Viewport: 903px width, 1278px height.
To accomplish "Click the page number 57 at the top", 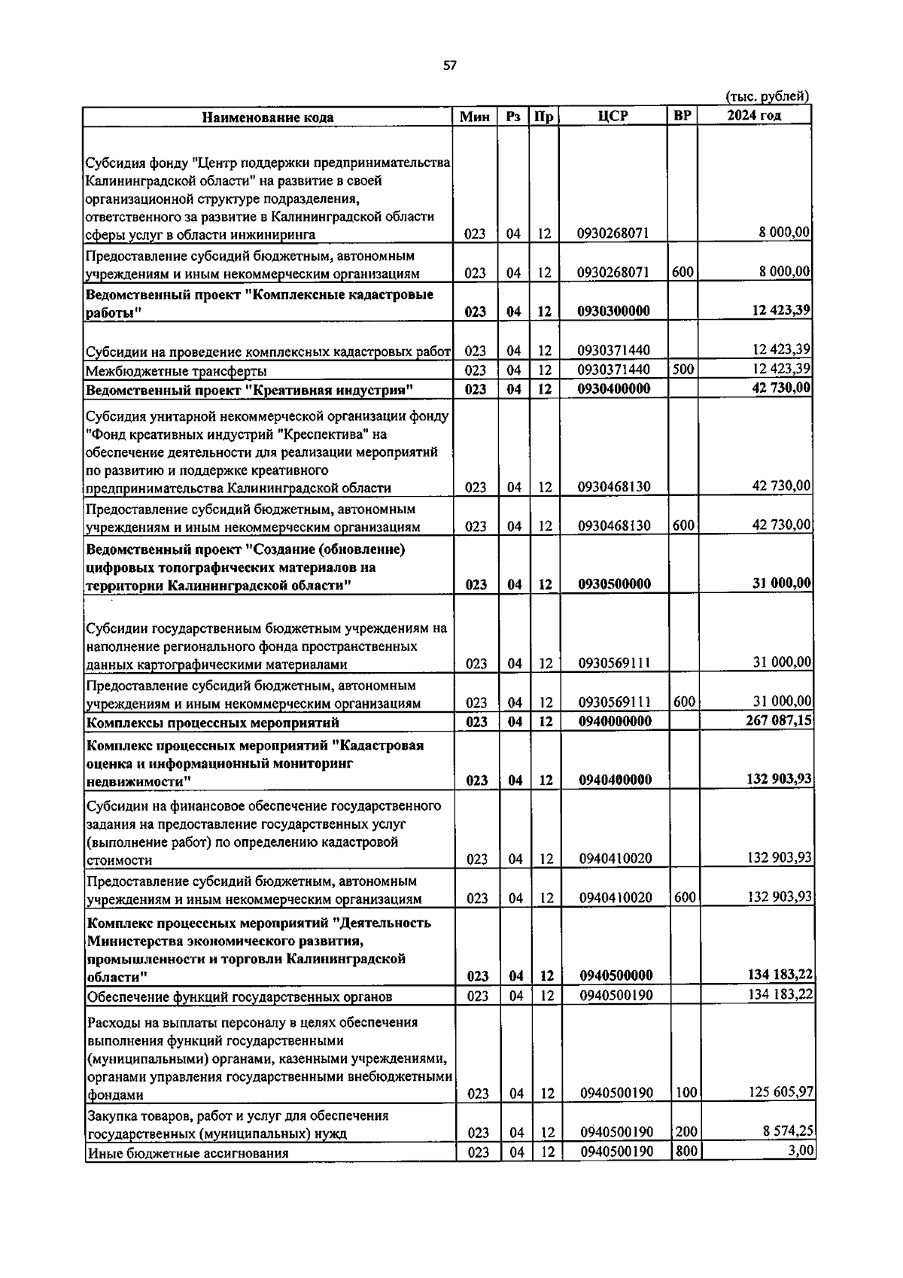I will (x=449, y=66).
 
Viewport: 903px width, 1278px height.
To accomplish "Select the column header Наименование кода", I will (x=268, y=117).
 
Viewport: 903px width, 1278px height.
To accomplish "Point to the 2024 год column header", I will (x=754, y=115).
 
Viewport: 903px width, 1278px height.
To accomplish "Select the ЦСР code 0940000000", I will (x=615, y=722).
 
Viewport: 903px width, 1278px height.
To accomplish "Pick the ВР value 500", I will (x=683, y=370).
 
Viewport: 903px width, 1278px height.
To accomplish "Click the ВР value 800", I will (x=686, y=1151).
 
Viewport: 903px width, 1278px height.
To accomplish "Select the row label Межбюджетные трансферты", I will (x=176, y=371).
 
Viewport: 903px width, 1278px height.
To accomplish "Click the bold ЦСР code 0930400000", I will (x=614, y=389).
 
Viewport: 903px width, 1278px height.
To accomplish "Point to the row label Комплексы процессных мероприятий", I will (x=213, y=723).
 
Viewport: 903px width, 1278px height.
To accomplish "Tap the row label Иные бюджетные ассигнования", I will (x=188, y=1153).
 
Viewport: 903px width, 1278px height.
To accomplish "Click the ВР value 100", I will (x=686, y=1092).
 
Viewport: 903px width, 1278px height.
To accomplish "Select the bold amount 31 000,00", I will (x=782, y=583).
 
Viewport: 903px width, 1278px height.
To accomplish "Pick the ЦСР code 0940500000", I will (x=616, y=976).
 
